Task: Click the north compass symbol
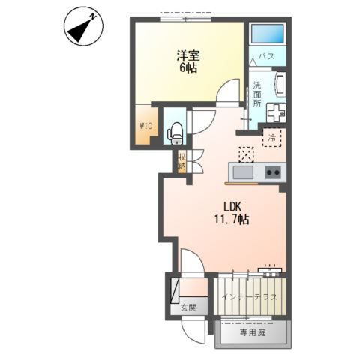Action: click(x=83, y=26)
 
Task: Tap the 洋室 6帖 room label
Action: click(x=188, y=61)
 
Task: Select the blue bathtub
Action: click(x=268, y=34)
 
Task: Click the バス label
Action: click(x=267, y=56)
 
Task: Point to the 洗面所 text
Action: click(x=257, y=94)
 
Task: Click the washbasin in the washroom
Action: click(x=280, y=84)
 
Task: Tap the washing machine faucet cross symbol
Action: click(x=276, y=113)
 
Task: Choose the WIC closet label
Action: click(x=146, y=126)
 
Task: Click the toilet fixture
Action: click(x=175, y=133)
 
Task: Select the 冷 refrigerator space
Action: click(x=271, y=137)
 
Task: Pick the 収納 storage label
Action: click(x=181, y=161)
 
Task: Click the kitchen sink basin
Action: click(x=243, y=172)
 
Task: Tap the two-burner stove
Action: click(x=273, y=172)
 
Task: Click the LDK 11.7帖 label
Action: click(x=232, y=213)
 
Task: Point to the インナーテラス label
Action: click(x=250, y=297)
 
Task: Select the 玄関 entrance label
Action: click(x=189, y=308)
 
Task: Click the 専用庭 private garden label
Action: click(x=253, y=332)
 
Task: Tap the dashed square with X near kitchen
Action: click(x=247, y=154)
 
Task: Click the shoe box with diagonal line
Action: click(x=175, y=291)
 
